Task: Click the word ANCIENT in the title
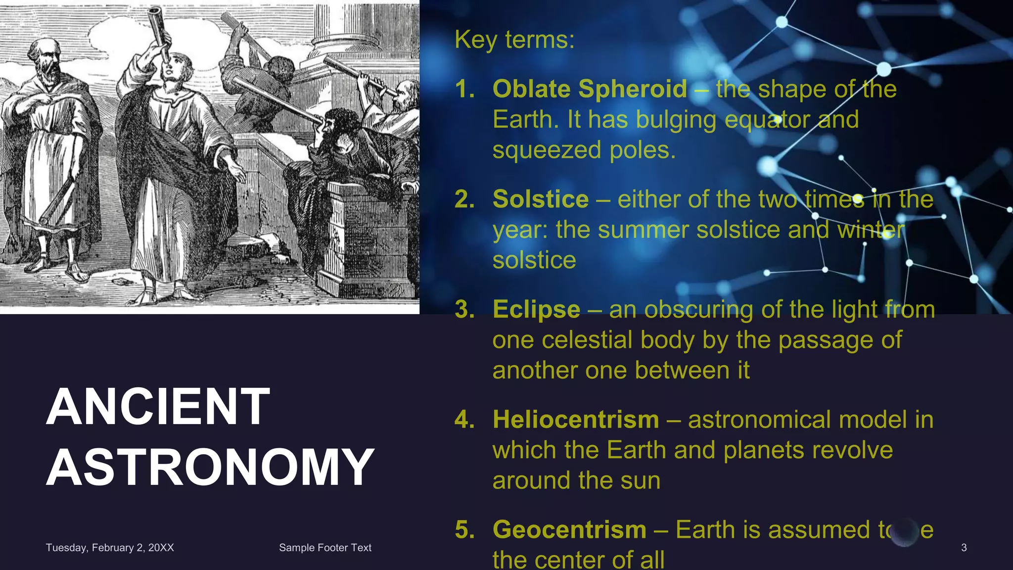(x=158, y=407)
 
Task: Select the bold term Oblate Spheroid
(x=590, y=90)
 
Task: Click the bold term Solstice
(x=541, y=199)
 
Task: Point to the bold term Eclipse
(x=536, y=310)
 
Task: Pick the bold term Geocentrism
(x=569, y=530)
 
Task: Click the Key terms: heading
(x=514, y=40)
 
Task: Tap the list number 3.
(x=464, y=310)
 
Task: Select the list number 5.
(x=464, y=530)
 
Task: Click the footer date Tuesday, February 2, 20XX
(x=110, y=548)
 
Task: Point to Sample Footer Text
(x=325, y=548)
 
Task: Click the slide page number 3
(x=964, y=548)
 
